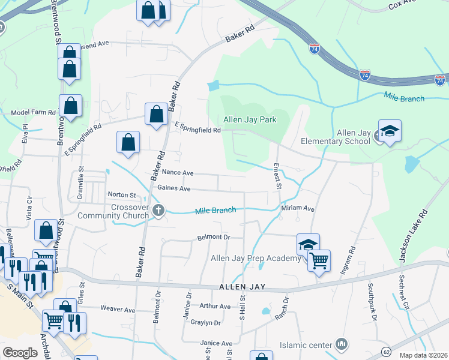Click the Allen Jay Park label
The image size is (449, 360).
250,119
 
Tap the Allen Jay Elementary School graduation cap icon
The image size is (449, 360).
390,131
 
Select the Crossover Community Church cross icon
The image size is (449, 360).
158,210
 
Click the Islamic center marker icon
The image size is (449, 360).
342,344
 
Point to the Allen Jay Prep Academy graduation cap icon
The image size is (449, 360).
308,245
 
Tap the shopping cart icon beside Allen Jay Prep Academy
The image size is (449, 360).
319,261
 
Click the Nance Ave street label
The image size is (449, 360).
178,173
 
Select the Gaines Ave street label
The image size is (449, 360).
173,188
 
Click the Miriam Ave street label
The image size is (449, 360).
298,208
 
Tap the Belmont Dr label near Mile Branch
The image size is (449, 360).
214,238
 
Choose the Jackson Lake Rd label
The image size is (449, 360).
411,236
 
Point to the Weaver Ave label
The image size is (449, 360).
118,310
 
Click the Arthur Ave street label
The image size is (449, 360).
215,307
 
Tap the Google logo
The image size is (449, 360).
20,353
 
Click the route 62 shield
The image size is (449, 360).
386,351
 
